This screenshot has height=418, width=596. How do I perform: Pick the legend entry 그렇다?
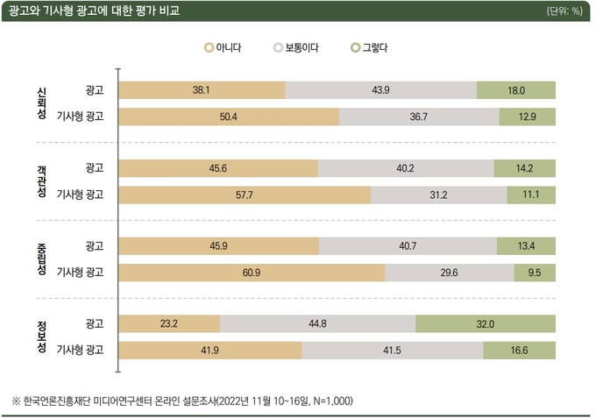click(369, 47)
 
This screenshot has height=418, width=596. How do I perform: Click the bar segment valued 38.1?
click(201, 89)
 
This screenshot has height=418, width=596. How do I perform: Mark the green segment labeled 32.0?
click(486, 324)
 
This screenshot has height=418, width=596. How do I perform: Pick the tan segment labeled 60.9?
click(251, 273)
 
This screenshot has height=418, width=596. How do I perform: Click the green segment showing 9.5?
click(535, 273)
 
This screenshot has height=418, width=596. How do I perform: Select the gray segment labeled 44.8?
click(317, 324)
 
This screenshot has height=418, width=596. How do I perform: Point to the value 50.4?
click(228, 116)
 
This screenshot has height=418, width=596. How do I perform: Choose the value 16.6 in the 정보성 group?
click(519, 351)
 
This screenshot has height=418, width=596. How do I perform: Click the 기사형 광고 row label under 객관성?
click(80, 194)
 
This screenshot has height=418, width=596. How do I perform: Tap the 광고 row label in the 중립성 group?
click(94, 246)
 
